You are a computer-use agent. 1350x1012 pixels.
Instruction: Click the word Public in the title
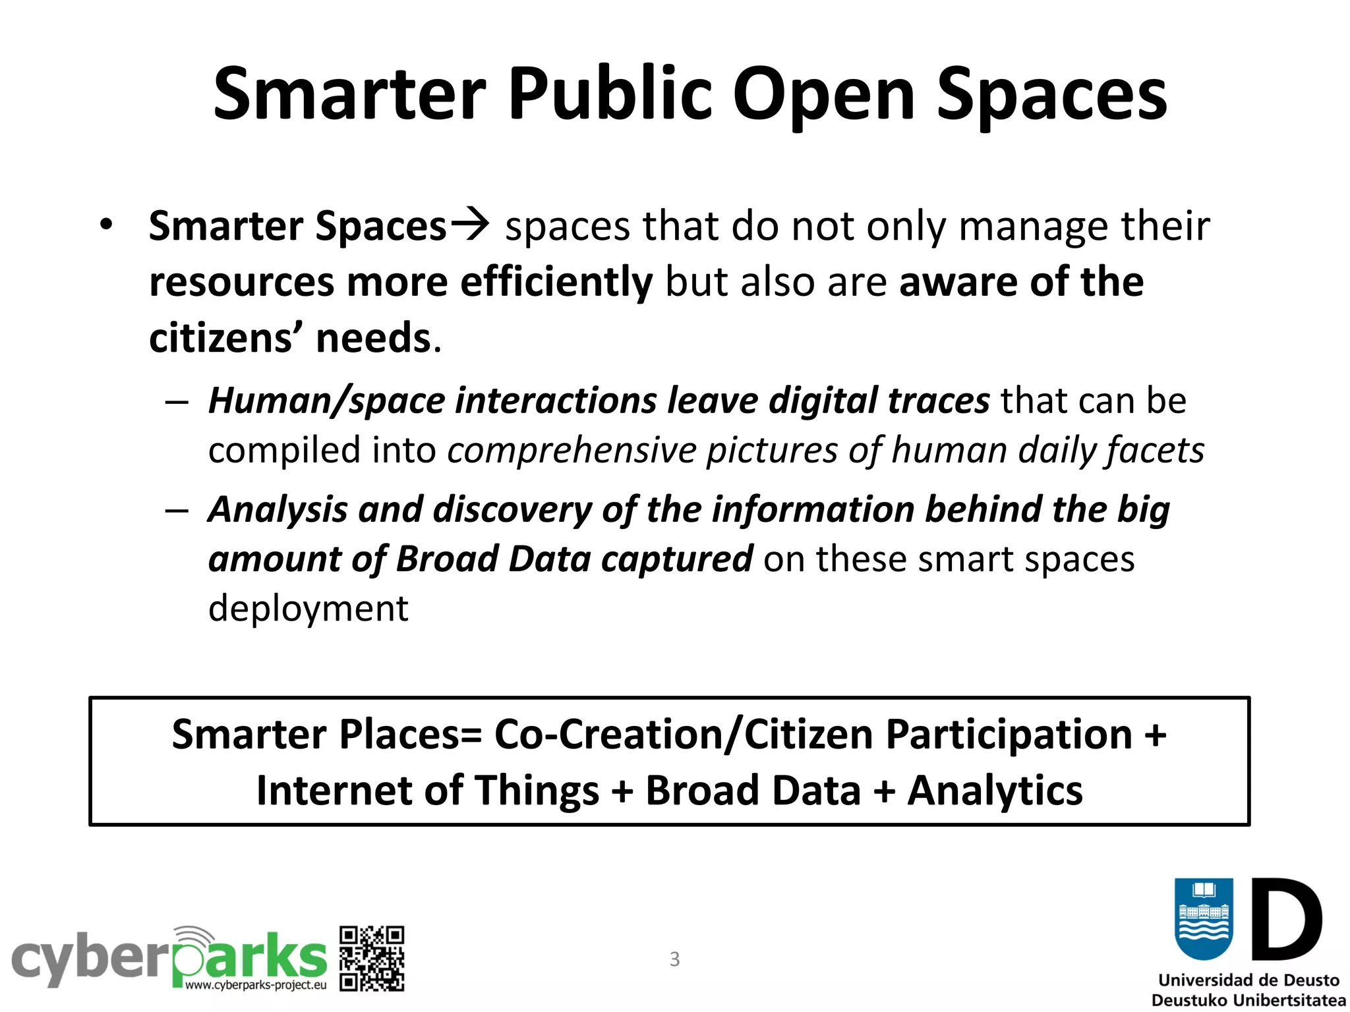tap(610, 94)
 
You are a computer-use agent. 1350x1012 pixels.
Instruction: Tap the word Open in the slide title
tap(823, 94)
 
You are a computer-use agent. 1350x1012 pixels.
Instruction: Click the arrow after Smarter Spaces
tap(469, 224)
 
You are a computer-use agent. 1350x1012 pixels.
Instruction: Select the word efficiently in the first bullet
tap(556, 282)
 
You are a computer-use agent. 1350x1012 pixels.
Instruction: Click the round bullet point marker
tap(106, 225)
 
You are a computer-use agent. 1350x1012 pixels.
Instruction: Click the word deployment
tap(308, 608)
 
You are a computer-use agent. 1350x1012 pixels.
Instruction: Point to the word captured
tap(676, 559)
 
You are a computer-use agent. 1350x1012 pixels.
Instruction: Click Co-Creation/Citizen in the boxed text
tap(684, 734)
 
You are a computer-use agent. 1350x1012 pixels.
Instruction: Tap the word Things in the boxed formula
tap(537, 790)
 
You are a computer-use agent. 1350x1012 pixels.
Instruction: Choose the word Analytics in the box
tap(995, 790)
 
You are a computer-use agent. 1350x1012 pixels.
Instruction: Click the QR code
tap(372, 959)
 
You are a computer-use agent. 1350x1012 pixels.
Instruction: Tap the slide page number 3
tap(674, 959)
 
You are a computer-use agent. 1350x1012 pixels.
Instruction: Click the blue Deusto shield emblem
tap(1204, 919)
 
